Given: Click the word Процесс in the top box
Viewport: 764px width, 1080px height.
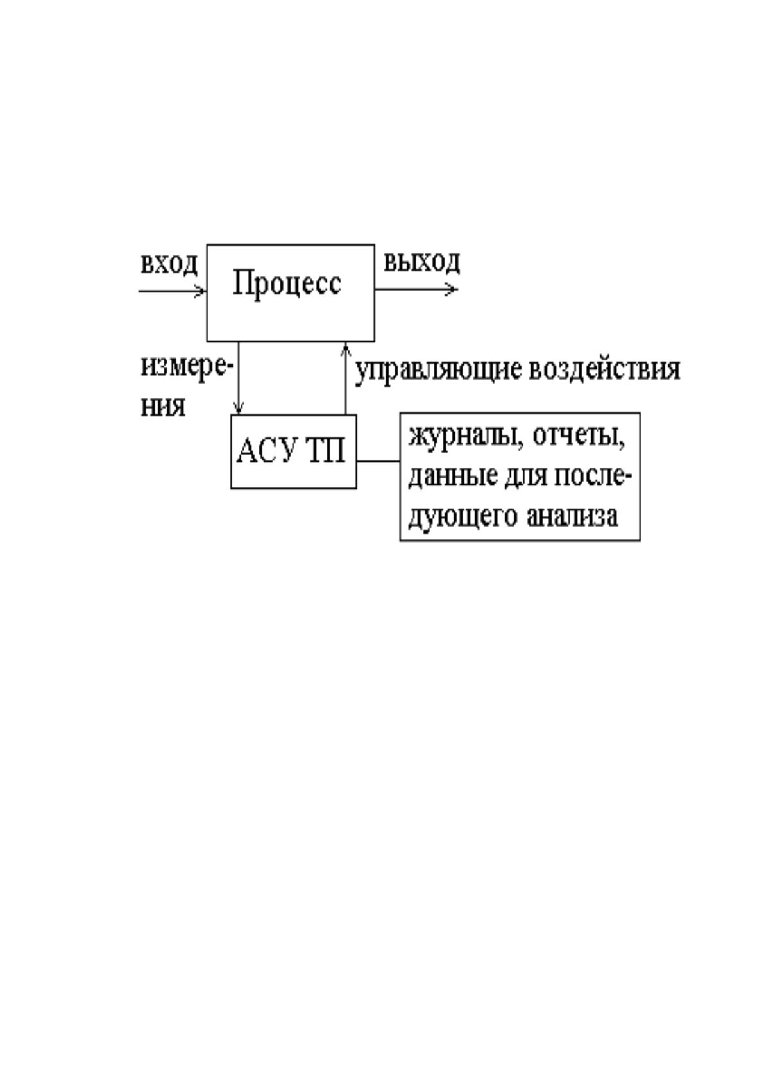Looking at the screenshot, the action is click(287, 284).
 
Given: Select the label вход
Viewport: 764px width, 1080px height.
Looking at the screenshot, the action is click(169, 264).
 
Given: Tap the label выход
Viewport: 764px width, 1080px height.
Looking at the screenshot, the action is click(421, 263).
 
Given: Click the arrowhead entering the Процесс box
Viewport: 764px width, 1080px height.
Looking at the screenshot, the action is click(200, 291).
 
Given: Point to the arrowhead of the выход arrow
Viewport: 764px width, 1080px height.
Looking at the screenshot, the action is click(452, 289).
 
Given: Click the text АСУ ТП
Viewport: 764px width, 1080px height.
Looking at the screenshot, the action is click(291, 451).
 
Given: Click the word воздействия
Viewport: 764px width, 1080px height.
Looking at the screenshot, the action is click(604, 370).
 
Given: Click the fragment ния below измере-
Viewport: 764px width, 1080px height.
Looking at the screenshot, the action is click(162, 408).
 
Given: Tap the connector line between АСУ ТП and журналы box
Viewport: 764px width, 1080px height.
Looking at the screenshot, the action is click(378, 461).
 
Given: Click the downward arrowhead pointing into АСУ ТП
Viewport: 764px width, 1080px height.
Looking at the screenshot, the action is click(238, 409).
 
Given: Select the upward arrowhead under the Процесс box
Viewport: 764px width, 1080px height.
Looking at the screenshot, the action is click(345, 349).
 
